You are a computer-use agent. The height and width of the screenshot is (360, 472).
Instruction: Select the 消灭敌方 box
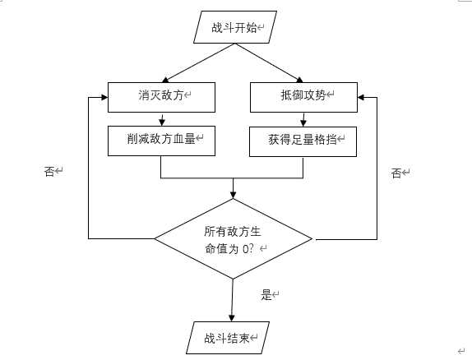pyautogui.click(x=161, y=97)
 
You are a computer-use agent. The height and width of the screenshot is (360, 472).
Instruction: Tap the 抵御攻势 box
pyautogui.click(x=303, y=97)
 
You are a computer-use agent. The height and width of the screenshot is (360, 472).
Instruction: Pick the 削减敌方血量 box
pyautogui.click(x=161, y=141)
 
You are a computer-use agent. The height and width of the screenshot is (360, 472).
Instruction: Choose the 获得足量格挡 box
pyautogui.click(x=303, y=141)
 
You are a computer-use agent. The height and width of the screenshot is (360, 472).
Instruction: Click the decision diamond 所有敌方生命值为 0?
pyautogui.click(x=234, y=238)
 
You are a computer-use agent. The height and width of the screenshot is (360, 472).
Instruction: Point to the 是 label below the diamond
pyautogui.click(x=266, y=295)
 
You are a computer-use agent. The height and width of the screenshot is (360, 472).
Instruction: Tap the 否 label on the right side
pyautogui.click(x=396, y=173)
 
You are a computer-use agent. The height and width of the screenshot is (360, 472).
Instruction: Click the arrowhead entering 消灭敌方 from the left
pyautogui.click(x=104, y=97)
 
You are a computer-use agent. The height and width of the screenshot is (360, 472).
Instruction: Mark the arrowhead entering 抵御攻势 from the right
pyautogui.click(x=361, y=97)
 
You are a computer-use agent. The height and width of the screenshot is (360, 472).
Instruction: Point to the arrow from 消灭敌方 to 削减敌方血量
pyautogui.click(x=161, y=118)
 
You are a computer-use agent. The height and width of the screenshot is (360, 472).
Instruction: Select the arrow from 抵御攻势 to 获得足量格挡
pyautogui.click(x=303, y=118)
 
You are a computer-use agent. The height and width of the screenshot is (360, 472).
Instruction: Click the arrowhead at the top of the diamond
pyautogui.click(x=234, y=196)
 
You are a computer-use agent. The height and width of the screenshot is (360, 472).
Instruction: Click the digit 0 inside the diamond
pyautogui.click(x=247, y=247)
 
